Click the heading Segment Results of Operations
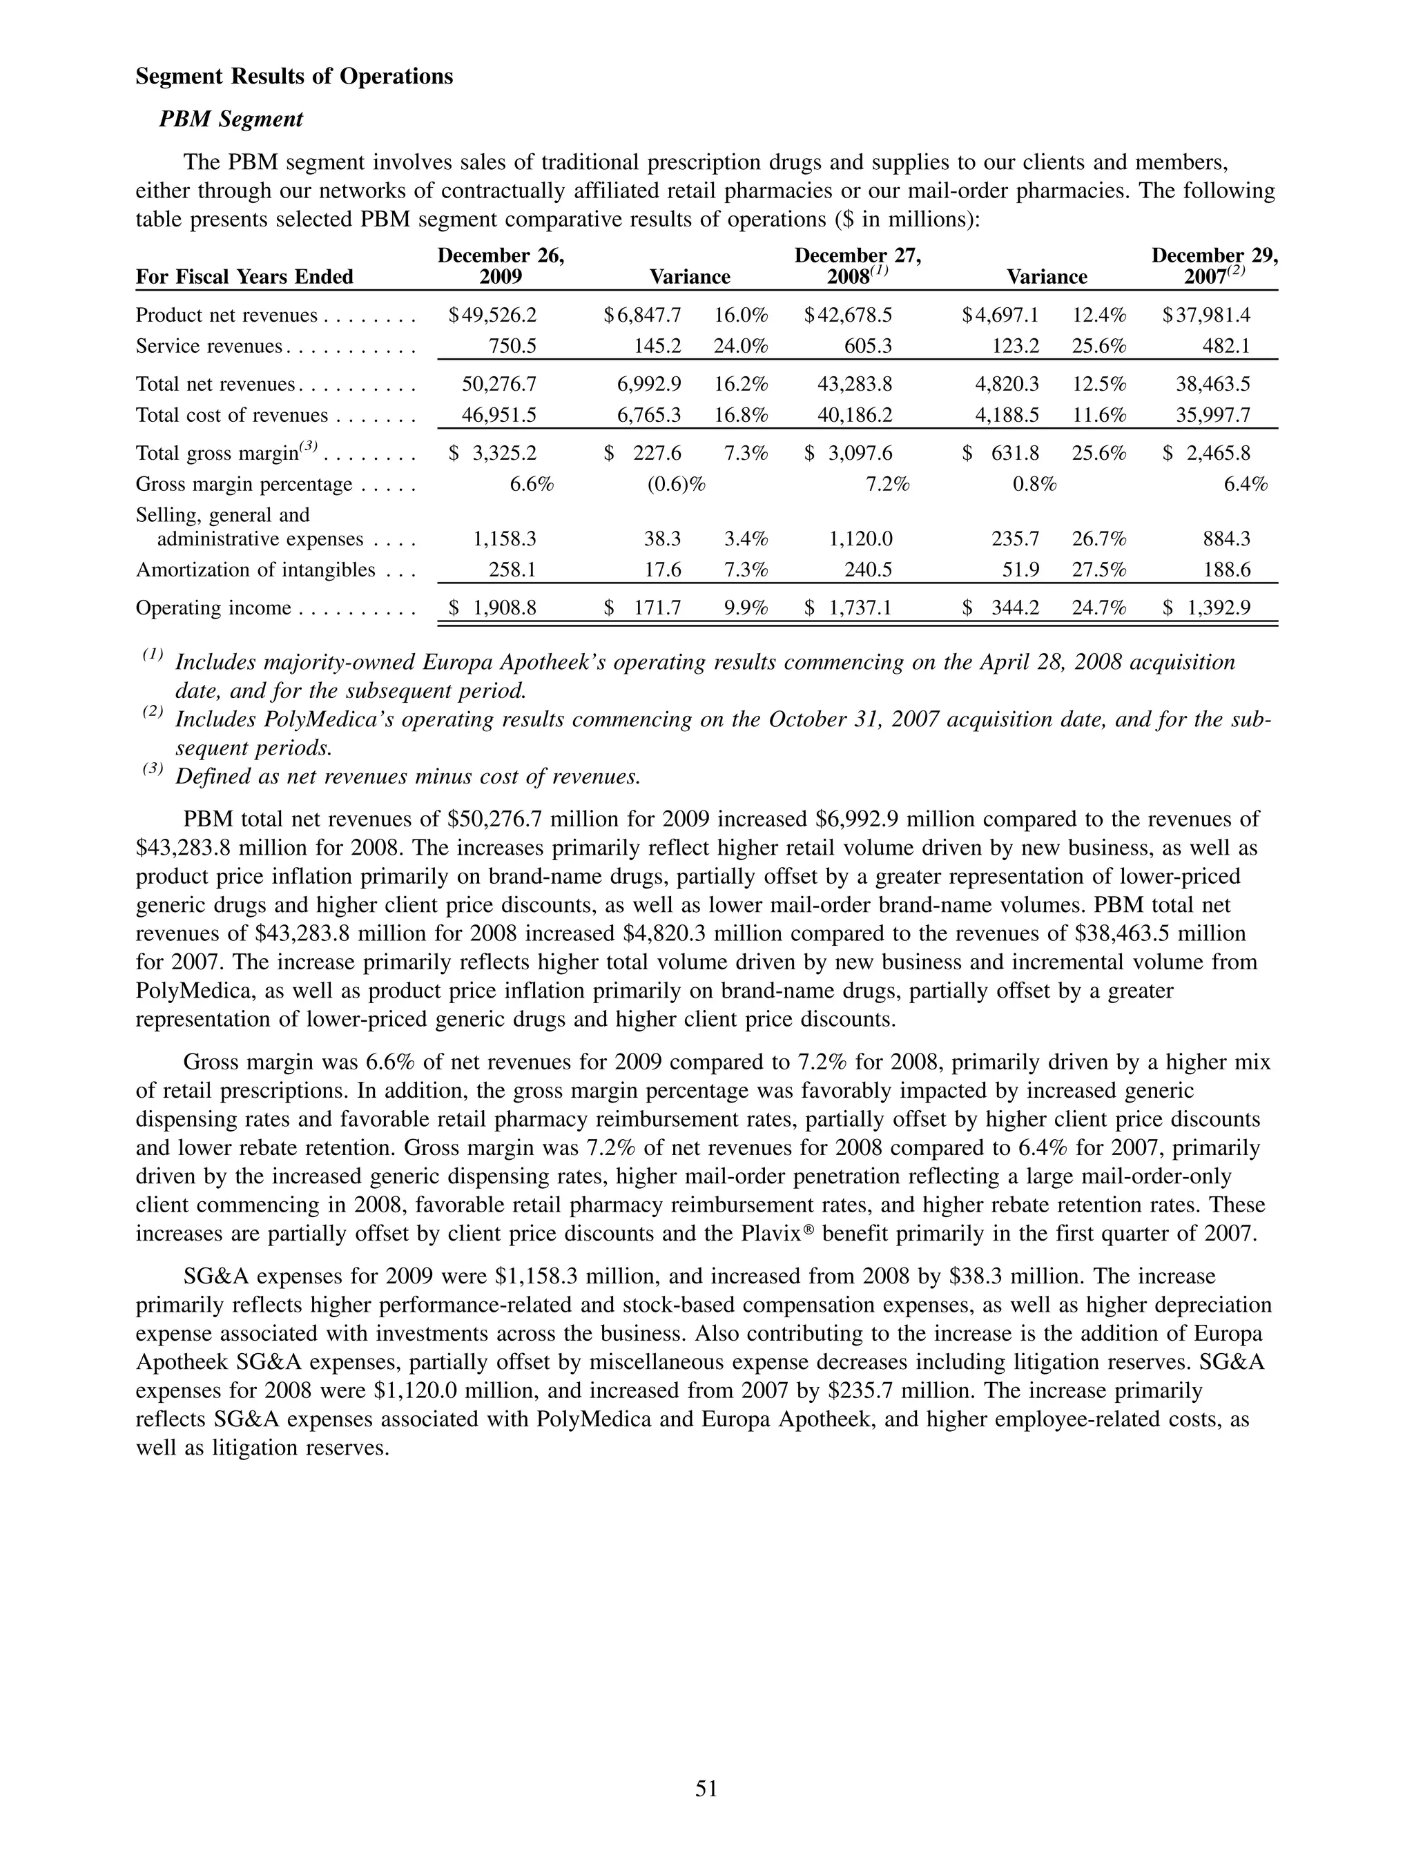click(294, 77)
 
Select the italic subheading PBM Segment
click(231, 119)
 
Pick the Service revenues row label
click(209, 347)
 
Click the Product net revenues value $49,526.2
click(493, 315)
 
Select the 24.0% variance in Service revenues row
click(741, 347)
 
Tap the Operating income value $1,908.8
click(493, 608)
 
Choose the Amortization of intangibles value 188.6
click(1227, 570)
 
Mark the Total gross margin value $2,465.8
click(1207, 454)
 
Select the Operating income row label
click(213, 608)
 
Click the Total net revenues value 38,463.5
click(1212, 385)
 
